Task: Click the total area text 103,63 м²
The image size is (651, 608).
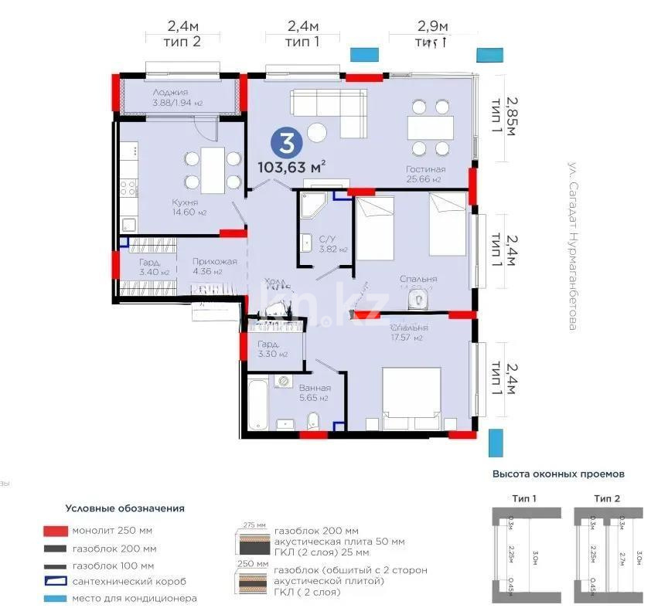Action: pos(291,165)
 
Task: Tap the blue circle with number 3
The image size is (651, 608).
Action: pos(286,142)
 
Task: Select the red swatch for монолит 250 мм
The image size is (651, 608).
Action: pos(55,532)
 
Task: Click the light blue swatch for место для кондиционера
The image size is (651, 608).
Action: pos(55,598)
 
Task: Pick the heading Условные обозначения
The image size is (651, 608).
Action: pos(124,508)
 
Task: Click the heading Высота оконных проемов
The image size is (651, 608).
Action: pos(557,474)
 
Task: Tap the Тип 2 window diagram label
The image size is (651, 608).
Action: pos(606,498)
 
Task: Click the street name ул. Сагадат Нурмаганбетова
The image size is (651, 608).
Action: pos(573,246)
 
